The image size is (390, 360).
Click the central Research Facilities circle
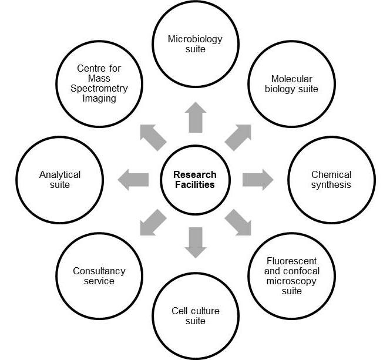pyautogui.click(x=195, y=180)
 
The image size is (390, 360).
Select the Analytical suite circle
pyautogui.click(x=59, y=180)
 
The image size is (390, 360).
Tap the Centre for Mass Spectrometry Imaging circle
pyautogui.click(x=99, y=84)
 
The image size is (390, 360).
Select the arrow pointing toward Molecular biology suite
pyautogui.click(x=237, y=137)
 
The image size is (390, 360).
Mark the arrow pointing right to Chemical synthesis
pyautogui.click(x=257, y=180)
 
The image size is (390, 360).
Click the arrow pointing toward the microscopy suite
pyautogui.click(x=237, y=222)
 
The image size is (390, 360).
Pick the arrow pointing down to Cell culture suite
pyautogui.click(x=195, y=242)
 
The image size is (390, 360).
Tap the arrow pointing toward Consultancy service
pyautogui.click(x=153, y=222)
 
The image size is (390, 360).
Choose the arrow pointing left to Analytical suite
pyautogui.click(x=133, y=180)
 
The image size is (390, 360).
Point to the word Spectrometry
pyautogui.click(x=99, y=88)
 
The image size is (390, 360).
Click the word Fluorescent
pyautogui.click(x=291, y=261)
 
